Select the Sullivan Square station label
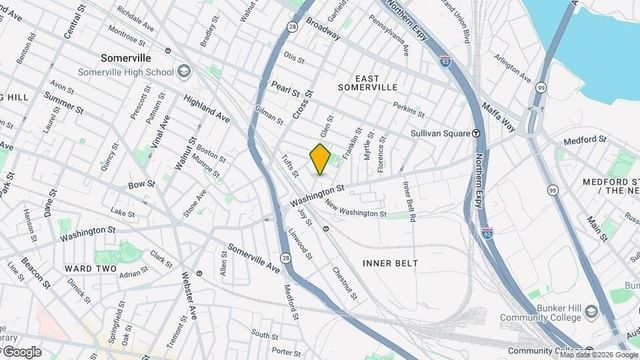(x=442, y=133)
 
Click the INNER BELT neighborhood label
(x=387, y=262)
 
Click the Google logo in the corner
(x=22, y=351)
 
